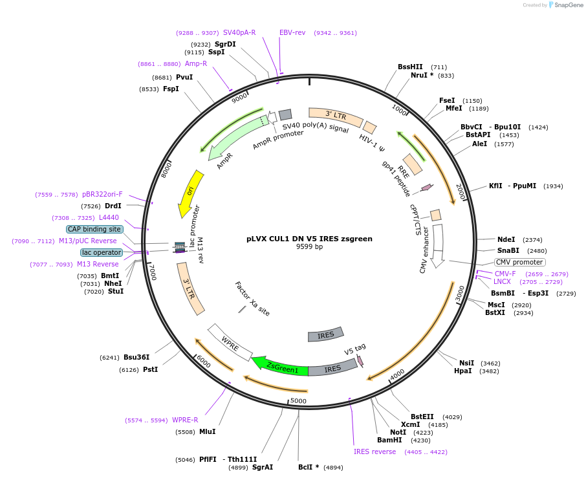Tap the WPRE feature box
[230, 343]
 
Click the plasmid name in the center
[309, 239]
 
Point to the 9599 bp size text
[309, 246]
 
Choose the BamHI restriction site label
[389, 440]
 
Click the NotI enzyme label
[398, 432]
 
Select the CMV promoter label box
[519, 262]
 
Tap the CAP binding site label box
[94, 229]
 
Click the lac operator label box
[102, 252]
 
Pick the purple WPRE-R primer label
[185, 420]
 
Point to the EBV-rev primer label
[292, 32]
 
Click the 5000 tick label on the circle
[298, 401]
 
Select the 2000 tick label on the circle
[461, 191]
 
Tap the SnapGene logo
[565, 5]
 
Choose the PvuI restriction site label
[184, 77]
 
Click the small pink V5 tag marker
[360, 361]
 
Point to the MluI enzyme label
[208, 431]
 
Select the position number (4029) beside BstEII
[452, 417]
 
